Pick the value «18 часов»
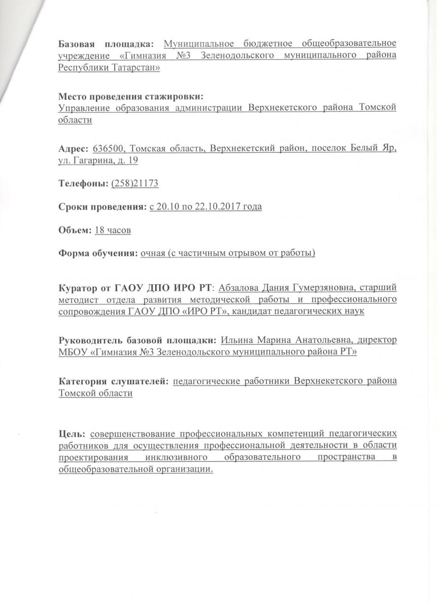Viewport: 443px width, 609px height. tap(113, 230)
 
